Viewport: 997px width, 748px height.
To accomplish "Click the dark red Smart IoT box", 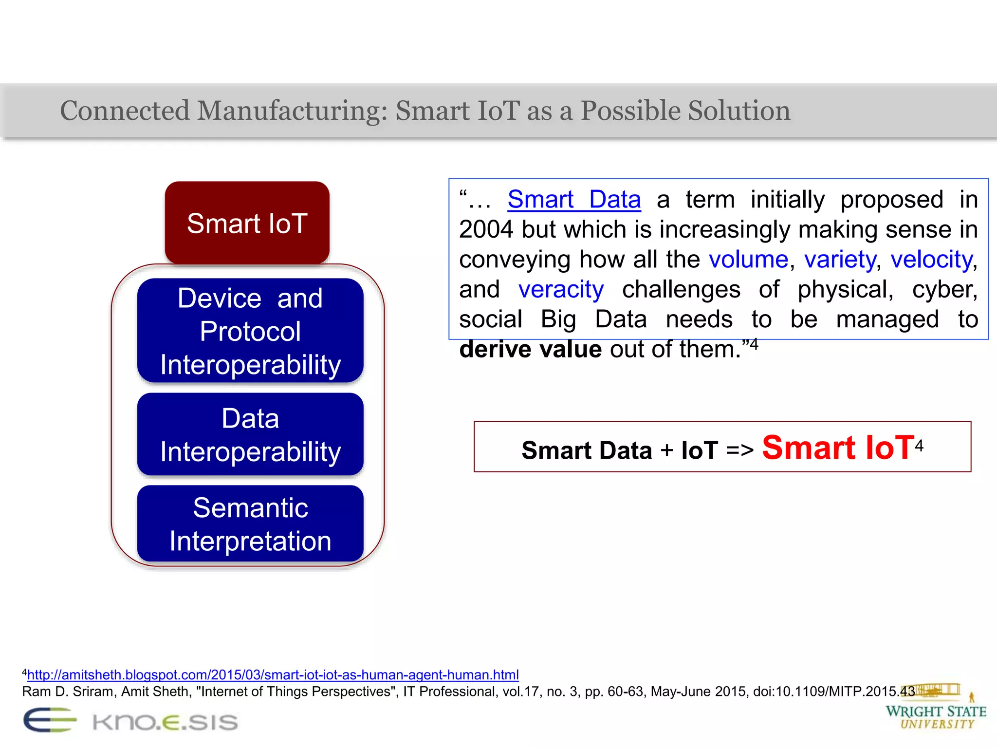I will [x=247, y=223].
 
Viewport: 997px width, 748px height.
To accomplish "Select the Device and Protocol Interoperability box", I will [x=250, y=331].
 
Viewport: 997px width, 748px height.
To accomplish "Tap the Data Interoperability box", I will [x=250, y=434].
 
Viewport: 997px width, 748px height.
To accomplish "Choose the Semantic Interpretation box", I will [x=250, y=524].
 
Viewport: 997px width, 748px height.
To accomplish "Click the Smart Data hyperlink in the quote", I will [x=574, y=200].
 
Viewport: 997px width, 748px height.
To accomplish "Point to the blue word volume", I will [x=748, y=260].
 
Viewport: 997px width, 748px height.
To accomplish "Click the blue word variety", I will [x=840, y=260].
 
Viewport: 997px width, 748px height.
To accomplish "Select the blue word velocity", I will [x=931, y=260].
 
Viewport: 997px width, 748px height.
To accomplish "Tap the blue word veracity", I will [x=561, y=290].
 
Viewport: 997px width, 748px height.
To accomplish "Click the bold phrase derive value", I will [x=531, y=350].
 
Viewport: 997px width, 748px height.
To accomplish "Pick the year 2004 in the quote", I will [x=486, y=230].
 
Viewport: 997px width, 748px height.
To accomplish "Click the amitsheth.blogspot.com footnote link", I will [x=273, y=675].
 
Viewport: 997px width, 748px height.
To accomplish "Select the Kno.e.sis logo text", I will [x=165, y=722].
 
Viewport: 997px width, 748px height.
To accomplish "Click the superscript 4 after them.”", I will [x=754, y=344].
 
